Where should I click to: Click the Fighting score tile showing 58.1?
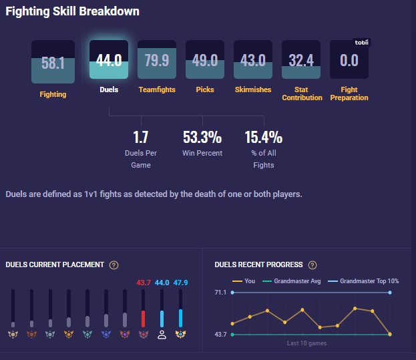click(x=53, y=62)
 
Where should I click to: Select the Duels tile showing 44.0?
click(x=109, y=61)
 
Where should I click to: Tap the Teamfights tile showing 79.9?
click(x=157, y=61)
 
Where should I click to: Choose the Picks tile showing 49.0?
click(x=205, y=61)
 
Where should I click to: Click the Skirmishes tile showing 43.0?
click(x=253, y=61)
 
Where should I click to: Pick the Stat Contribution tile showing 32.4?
click(x=301, y=61)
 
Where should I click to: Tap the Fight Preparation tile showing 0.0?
click(x=349, y=61)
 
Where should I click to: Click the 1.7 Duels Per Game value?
click(x=141, y=138)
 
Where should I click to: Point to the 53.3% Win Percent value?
click(x=202, y=138)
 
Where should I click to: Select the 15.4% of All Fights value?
click(x=264, y=138)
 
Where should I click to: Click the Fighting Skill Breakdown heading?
click(x=73, y=11)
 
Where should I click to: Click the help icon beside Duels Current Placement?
click(x=114, y=265)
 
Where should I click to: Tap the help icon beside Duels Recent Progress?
click(x=313, y=265)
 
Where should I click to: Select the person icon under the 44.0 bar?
click(x=162, y=335)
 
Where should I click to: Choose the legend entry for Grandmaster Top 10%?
click(x=361, y=281)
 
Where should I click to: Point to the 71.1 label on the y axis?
click(x=221, y=293)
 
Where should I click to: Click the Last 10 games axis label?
click(x=306, y=343)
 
